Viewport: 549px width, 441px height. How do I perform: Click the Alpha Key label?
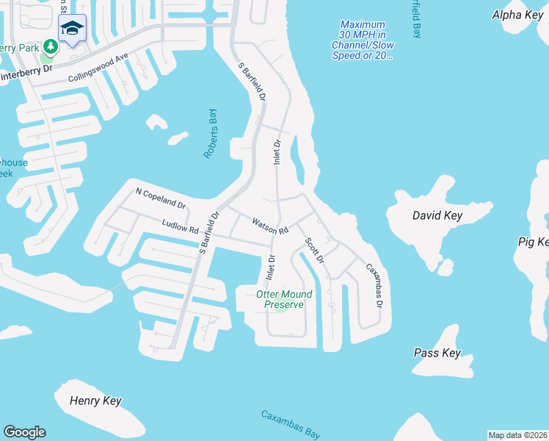coord(517,15)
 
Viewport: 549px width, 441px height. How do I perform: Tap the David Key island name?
coord(437,215)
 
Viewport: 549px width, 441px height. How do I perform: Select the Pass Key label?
coord(437,353)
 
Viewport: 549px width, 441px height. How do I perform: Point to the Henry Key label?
coord(95,401)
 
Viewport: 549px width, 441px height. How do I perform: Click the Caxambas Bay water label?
coord(291,426)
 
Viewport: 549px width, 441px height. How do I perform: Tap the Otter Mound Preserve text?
coord(283,299)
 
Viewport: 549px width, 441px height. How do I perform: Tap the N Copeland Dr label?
coord(161,197)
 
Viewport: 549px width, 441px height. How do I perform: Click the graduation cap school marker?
coord(72,29)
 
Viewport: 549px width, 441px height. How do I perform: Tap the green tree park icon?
coord(50,47)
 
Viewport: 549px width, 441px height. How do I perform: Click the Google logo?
coord(24,432)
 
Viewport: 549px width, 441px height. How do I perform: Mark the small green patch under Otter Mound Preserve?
coord(280,309)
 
